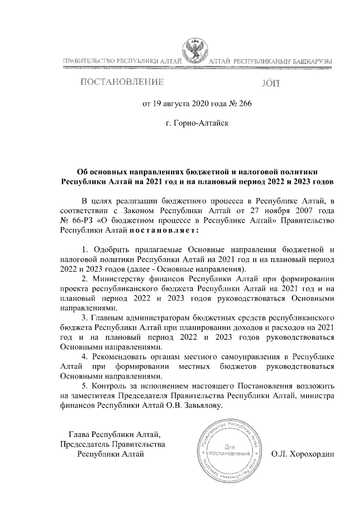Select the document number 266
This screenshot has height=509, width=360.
tap(229, 103)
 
